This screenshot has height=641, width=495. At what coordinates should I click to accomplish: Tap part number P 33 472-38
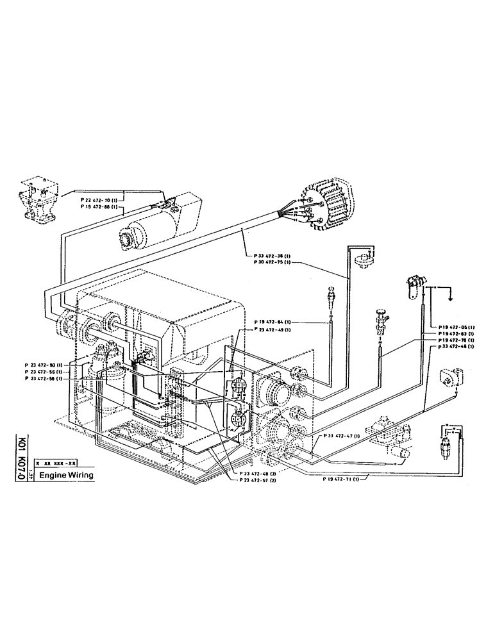[269, 256]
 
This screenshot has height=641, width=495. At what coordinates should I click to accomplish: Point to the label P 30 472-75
[269, 263]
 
